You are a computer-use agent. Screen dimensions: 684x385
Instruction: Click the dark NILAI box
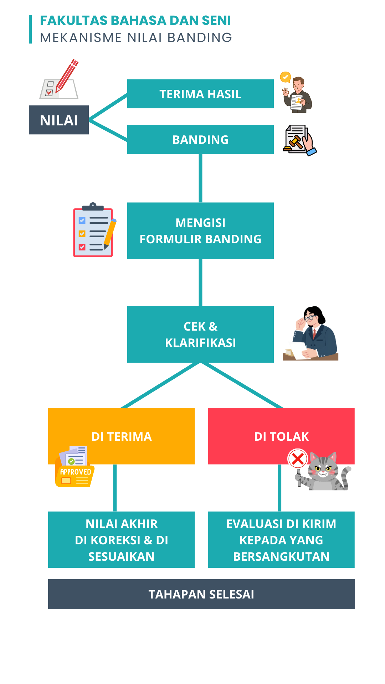[59, 120]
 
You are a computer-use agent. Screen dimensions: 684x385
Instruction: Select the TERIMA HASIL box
[200, 94]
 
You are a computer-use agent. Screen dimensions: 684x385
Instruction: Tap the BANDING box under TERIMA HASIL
[200, 139]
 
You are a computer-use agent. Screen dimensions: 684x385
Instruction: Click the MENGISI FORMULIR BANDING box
[200, 231]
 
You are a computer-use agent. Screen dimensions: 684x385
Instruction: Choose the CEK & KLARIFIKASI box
[200, 334]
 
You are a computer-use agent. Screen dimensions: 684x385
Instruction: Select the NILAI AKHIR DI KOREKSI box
[121, 540]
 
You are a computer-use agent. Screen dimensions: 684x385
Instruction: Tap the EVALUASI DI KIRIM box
[281, 540]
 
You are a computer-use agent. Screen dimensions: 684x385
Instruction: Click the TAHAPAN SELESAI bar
[201, 594]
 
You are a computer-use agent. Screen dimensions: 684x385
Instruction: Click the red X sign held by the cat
[298, 459]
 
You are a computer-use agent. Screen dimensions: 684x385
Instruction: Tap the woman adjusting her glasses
[314, 333]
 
